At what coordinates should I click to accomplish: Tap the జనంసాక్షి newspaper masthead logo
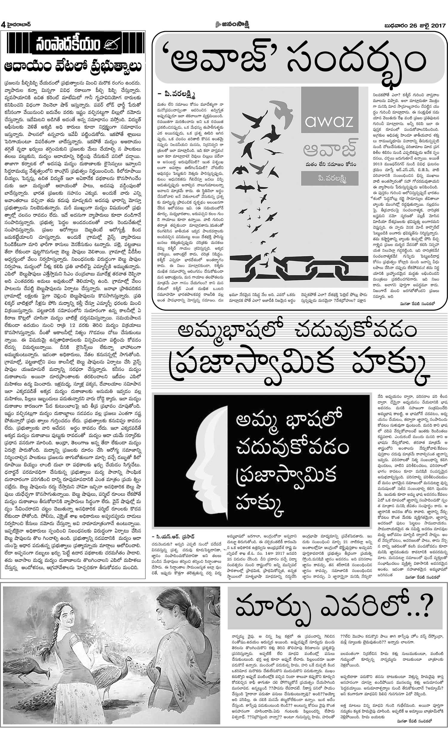[232, 25]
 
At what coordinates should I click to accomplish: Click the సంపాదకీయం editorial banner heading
[67, 45]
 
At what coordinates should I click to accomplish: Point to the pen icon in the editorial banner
[112, 45]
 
